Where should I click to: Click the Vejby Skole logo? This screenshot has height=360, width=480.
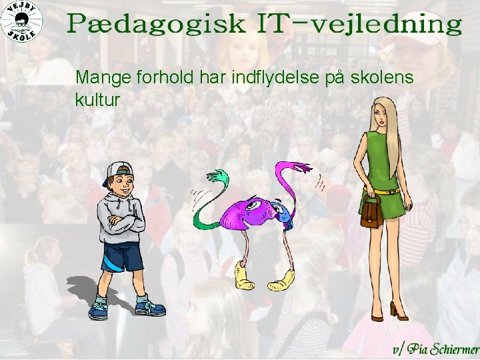(x=22, y=22)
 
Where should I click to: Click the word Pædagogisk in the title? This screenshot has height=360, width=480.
(x=156, y=25)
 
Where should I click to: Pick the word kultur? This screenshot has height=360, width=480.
(x=97, y=100)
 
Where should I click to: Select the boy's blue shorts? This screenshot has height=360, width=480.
(x=123, y=257)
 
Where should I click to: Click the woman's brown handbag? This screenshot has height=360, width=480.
(x=370, y=212)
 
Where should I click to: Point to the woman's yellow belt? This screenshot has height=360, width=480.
(x=385, y=191)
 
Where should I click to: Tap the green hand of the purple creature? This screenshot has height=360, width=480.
(x=216, y=177)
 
